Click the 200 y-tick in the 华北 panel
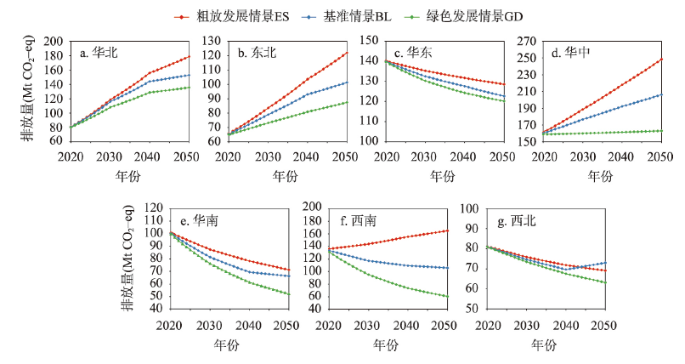point(55,41)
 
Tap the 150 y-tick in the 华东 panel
point(371,41)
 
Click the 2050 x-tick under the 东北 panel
point(346,157)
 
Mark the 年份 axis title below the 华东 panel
point(442,175)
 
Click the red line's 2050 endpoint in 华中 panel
point(660,60)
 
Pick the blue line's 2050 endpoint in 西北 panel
point(605,263)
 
